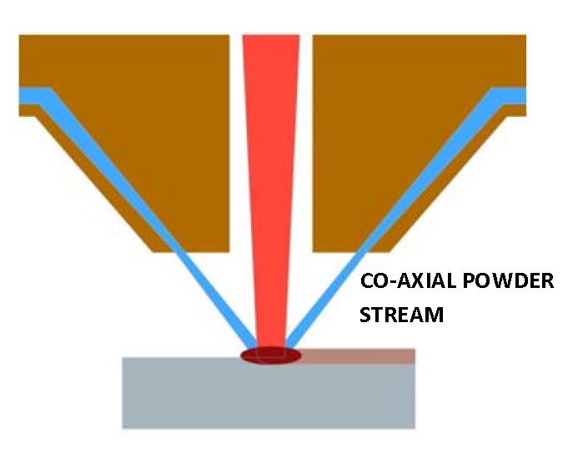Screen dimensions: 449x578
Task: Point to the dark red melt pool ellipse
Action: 270,356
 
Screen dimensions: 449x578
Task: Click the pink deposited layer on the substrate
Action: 359,356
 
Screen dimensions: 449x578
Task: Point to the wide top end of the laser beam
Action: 270,40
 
